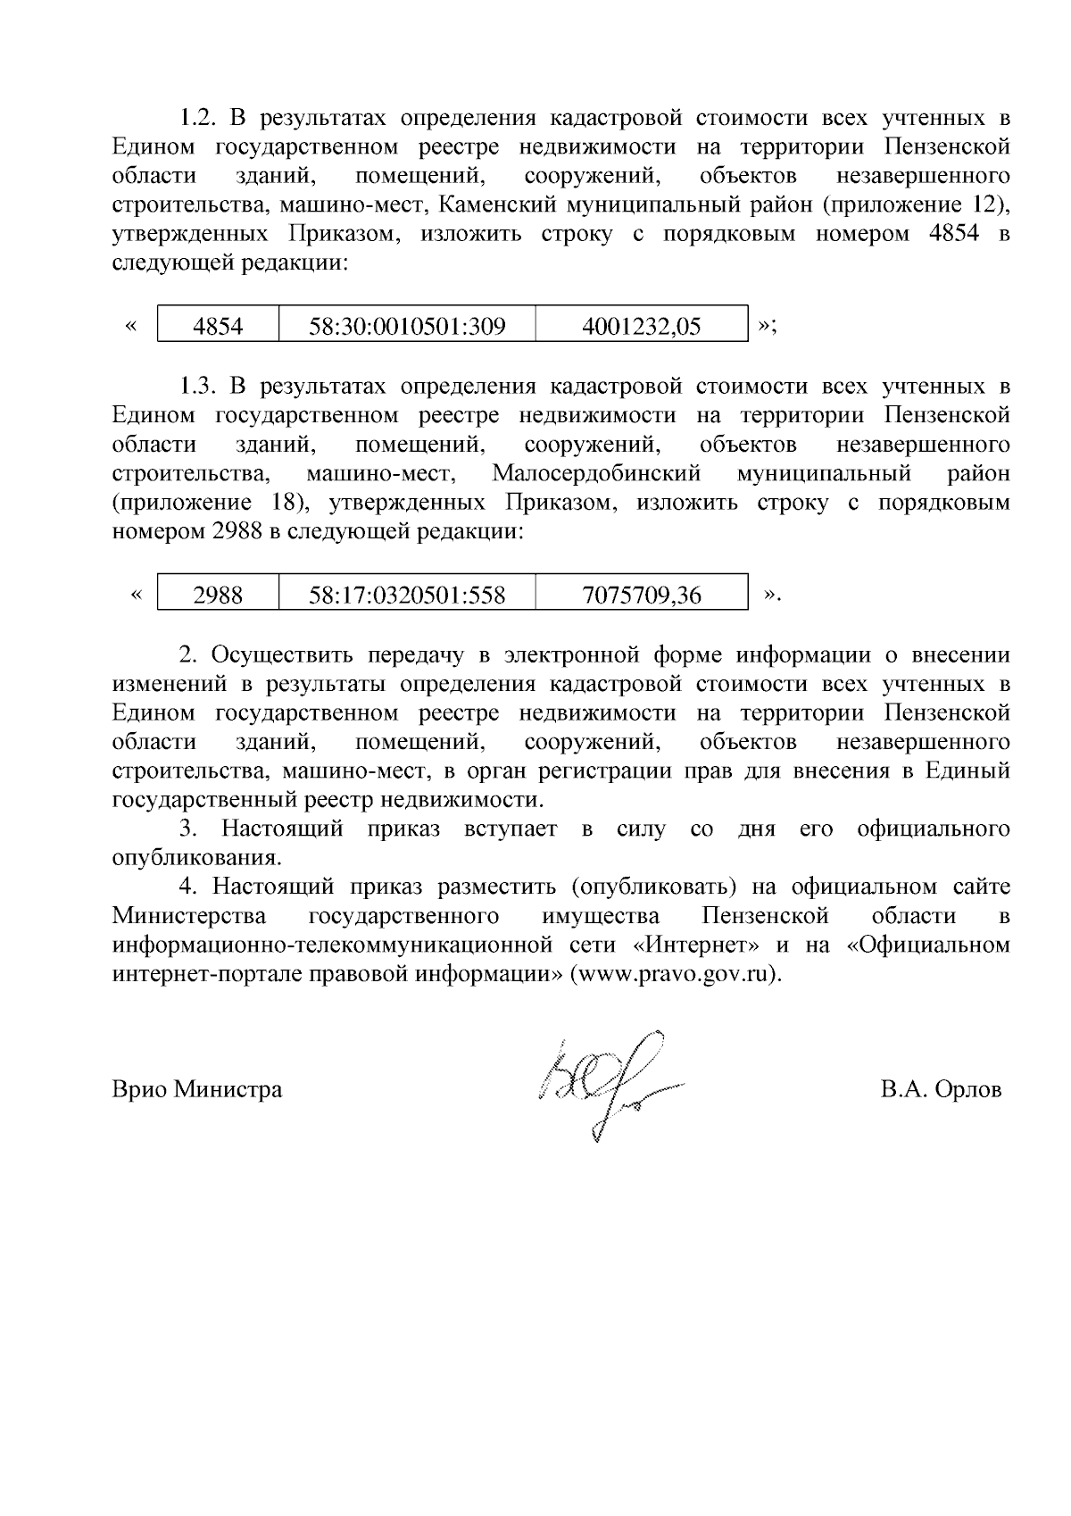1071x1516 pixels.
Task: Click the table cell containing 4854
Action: coord(218,326)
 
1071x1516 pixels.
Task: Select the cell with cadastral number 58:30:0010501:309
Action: coord(407,326)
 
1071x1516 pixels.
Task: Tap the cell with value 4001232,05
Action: coord(641,326)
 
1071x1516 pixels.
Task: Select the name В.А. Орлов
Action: coord(940,1089)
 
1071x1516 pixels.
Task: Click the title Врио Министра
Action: coord(197,1089)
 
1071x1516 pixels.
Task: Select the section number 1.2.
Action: coord(199,118)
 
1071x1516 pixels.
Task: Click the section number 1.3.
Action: coord(199,386)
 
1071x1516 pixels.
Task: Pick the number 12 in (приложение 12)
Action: coord(983,205)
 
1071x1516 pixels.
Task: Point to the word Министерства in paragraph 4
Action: coord(189,916)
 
